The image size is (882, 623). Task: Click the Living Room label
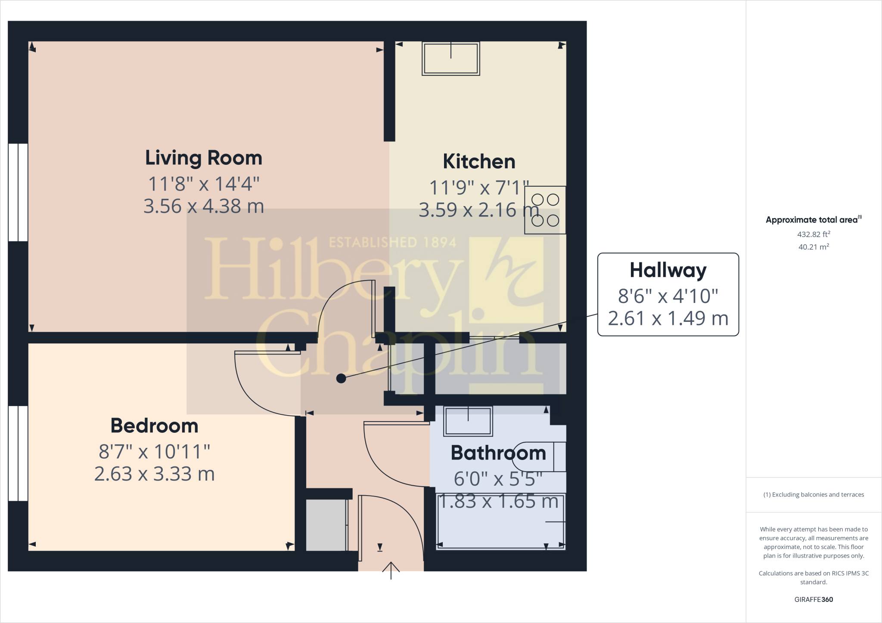point(203,158)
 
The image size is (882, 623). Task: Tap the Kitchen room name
point(479,162)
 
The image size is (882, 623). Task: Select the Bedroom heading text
point(154,426)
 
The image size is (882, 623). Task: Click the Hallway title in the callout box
point(668,270)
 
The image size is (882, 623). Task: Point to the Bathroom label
point(498,453)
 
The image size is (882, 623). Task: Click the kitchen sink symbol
point(450,59)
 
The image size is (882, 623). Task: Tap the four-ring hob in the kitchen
point(545,210)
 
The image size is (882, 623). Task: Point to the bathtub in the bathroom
point(500,522)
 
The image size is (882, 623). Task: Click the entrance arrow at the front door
point(391,570)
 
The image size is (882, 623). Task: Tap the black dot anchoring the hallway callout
point(341,379)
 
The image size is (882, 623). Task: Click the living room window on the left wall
point(18,192)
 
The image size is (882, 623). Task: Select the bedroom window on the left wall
point(18,453)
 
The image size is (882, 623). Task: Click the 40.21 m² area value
point(813,247)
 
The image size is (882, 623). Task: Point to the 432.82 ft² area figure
point(813,234)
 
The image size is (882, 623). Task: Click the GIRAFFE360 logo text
point(813,599)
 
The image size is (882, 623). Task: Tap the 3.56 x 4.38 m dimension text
point(203,207)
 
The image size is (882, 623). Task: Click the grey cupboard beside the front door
point(326,525)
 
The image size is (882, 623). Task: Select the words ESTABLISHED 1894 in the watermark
point(392,242)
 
